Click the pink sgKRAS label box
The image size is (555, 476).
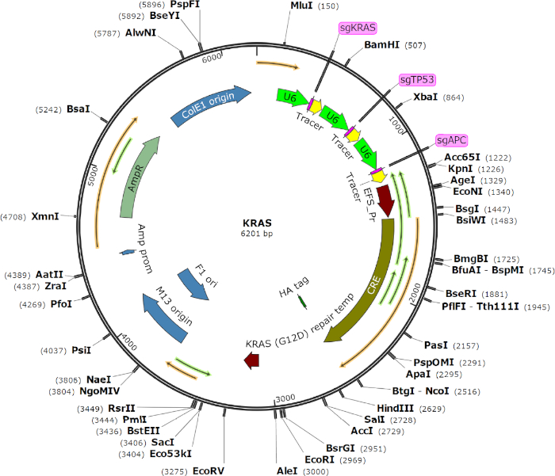[358, 28]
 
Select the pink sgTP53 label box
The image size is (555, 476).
[417, 80]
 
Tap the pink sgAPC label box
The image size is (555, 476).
[453, 140]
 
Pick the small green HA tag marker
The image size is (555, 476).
[302, 301]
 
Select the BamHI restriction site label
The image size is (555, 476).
[381, 45]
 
